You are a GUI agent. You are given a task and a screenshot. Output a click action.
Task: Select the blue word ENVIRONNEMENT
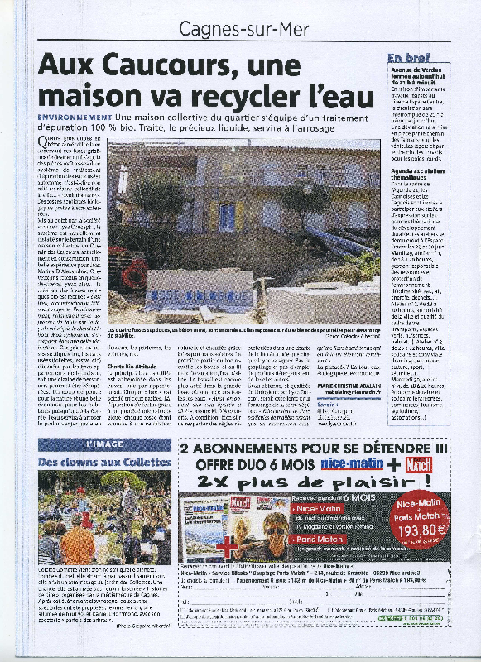click(x=75, y=120)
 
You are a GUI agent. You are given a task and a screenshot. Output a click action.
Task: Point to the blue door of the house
click(x=226, y=217)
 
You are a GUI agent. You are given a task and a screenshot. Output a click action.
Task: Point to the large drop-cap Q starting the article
click(x=44, y=142)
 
